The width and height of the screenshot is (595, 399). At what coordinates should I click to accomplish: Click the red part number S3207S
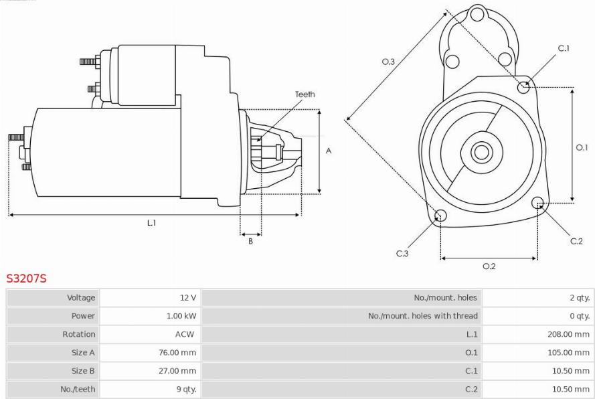[x=26, y=278]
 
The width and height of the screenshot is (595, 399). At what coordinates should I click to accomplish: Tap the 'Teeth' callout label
[x=305, y=94]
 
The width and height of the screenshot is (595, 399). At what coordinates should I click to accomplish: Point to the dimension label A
[x=329, y=151]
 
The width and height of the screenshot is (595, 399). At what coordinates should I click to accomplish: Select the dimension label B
[x=250, y=241]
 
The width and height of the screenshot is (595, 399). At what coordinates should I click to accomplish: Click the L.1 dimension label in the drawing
[x=152, y=223]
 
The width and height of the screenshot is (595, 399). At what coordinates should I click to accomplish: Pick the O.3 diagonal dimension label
[x=388, y=62]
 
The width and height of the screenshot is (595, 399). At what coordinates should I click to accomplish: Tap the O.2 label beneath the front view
[x=489, y=266]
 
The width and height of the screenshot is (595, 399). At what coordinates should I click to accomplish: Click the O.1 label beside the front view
[x=582, y=147]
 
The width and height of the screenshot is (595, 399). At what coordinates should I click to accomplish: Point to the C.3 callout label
[x=402, y=253]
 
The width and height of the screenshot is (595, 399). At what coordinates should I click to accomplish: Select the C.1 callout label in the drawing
[x=564, y=48]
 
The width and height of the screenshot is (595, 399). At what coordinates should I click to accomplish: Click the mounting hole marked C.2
[x=537, y=203]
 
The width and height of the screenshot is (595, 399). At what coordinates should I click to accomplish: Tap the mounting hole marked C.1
[x=523, y=87]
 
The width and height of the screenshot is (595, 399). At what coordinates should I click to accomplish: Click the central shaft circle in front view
[x=481, y=152]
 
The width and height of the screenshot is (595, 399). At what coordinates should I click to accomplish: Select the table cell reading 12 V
[x=188, y=298]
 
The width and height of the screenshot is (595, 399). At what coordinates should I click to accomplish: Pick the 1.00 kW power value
[x=181, y=316]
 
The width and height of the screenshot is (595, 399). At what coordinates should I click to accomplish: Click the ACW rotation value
[x=185, y=335]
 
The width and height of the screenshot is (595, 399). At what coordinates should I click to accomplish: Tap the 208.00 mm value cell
[x=568, y=335]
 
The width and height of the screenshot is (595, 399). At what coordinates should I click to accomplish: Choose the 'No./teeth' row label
[x=78, y=389]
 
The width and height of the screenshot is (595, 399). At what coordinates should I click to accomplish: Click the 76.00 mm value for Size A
[x=177, y=353]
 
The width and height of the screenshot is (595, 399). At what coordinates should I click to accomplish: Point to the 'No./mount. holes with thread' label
[x=423, y=316]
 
